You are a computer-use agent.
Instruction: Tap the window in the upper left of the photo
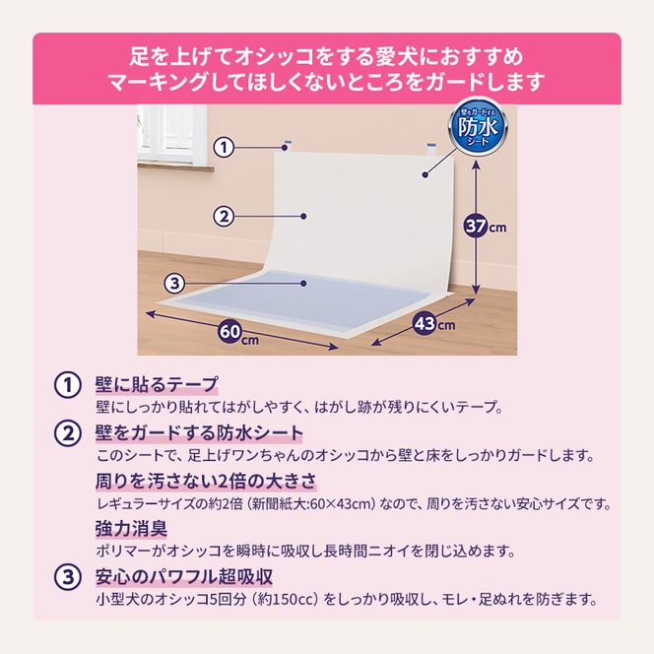pos(170,133)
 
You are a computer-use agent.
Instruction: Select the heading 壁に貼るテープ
pos(157,384)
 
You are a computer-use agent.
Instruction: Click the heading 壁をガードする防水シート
pos(199,432)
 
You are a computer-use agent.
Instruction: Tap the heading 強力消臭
pos(130,528)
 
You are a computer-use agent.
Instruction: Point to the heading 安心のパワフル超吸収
pos(183,576)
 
